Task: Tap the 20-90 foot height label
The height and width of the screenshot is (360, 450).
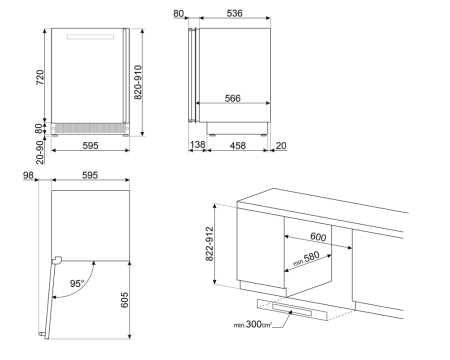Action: [37, 148]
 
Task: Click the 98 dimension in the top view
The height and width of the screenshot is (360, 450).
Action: [28, 176]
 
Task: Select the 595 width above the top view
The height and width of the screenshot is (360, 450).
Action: [89, 176]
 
